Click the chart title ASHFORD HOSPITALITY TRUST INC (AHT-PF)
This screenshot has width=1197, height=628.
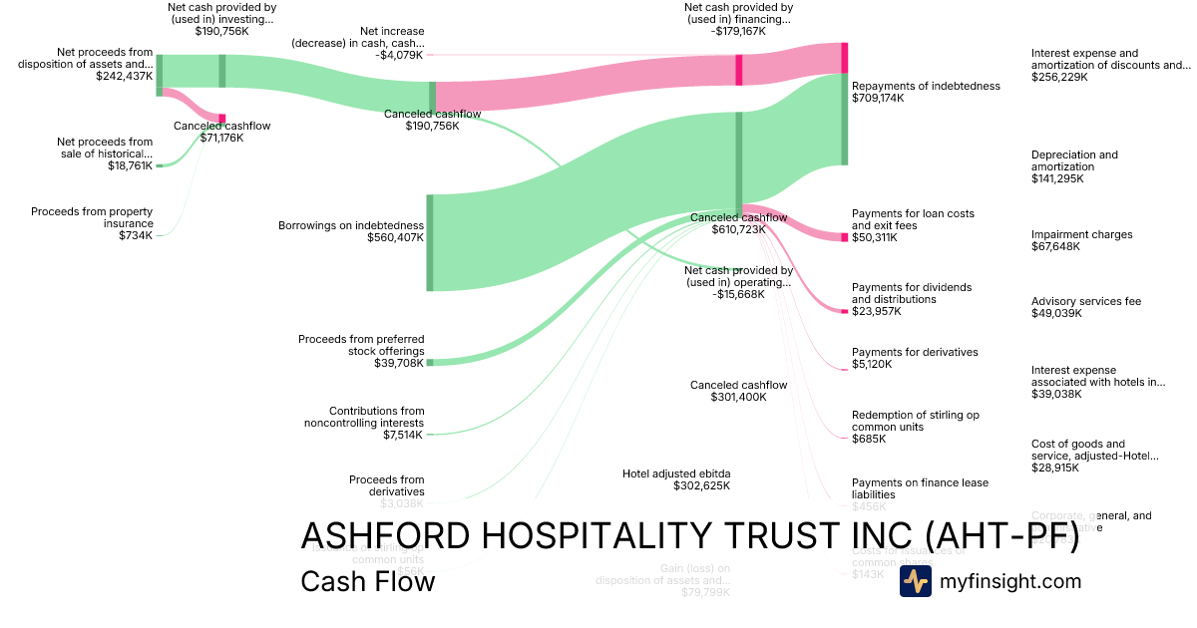point(689,535)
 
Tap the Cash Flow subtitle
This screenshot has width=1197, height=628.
point(367,581)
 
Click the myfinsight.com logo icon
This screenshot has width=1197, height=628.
point(915,581)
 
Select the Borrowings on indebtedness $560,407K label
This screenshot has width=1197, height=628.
point(350,231)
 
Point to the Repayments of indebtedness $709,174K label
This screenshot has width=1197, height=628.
point(926,93)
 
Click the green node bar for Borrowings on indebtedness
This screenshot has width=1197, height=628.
point(430,243)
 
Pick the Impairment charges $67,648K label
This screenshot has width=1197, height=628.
point(1082,240)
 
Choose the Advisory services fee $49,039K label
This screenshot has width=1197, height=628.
point(1085,307)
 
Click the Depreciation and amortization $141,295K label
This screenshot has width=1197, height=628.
point(1074,166)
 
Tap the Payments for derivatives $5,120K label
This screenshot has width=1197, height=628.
point(915,358)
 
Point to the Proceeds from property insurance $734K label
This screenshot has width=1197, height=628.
point(92,223)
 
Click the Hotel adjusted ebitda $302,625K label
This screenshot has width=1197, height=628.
point(676,479)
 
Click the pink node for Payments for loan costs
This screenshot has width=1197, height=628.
point(844,237)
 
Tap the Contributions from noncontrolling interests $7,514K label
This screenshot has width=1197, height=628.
point(363,423)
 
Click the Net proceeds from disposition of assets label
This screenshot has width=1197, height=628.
point(88,63)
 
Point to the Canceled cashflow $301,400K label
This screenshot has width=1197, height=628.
point(738,391)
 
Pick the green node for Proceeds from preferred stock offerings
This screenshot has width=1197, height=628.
point(430,363)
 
